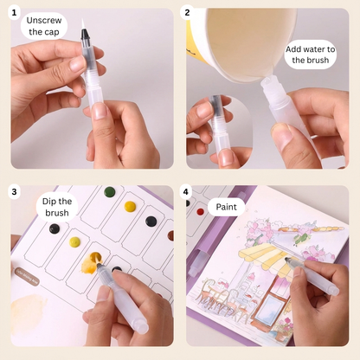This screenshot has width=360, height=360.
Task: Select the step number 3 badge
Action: click(14, 191)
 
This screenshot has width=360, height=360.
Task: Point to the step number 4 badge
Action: click(187, 191)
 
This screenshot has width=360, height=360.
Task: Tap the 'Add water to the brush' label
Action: click(311, 53)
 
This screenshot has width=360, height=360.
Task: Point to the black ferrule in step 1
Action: click(86, 36)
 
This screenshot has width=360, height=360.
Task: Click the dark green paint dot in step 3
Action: click(109, 191)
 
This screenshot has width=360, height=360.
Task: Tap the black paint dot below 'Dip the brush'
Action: click(55, 228)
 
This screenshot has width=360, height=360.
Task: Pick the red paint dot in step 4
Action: click(201, 211)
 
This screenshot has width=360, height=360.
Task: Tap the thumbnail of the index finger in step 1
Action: click(101, 110)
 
